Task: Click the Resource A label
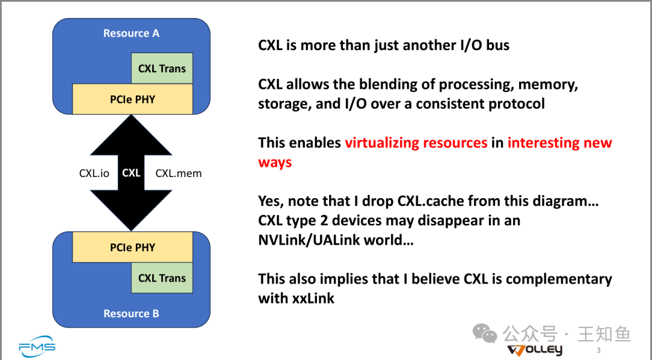pyautogui.click(x=131, y=33)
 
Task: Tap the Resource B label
pyautogui.click(x=131, y=313)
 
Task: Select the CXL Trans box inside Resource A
pyautogui.click(x=162, y=68)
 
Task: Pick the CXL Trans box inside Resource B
pyautogui.click(x=162, y=278)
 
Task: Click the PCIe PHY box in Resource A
pyautogui.click(x=132, y=99)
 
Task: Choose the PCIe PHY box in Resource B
pyautogui.click(x=132, y=247)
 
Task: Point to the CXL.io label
pyautogui.click(x=94, y=173)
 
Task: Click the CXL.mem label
pyautogui.click(x=178, y=173)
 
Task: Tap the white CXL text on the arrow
pyautogui.click(x=131, y=173)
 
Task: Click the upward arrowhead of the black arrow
pyautogui.click(x=131, y=135)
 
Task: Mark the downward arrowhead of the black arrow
pyautogui.click(x=131, y=210)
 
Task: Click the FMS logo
pyautogui.click(x=37, y=347)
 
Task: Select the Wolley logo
pyautogui.click(x=535, y=350)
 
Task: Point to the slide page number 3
pyautogui.click(x=598, y=350)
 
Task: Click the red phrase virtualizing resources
pyautogui.click(x=416, y=143)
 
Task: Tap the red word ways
pyautogui.click(x=275, y=162)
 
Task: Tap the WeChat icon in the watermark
pyautogui.click(x=484, y=333)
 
